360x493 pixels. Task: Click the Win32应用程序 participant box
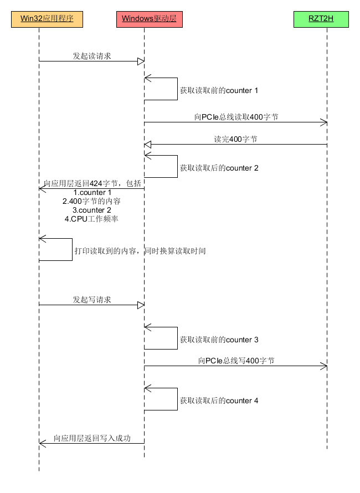click(47, 19)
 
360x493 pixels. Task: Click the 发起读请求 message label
click(92, 56)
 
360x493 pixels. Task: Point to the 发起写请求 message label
click(92, 300)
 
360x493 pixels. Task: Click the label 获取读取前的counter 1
click(219, 90)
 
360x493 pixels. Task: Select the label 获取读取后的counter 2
click(219, 167)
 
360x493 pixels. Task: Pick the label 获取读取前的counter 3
click(219, 339)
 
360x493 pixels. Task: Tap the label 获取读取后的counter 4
click(219, 400)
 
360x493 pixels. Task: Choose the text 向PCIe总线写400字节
click(236, 361)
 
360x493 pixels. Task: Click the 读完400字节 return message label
click(236, 139)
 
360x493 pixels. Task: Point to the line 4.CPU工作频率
click(92, 219)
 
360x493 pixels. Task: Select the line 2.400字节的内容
click(92, 201)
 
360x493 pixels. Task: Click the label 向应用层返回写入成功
click(92, 438)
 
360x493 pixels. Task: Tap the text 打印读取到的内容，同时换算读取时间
click(140, 251)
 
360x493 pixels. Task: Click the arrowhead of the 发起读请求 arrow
click(141, 61)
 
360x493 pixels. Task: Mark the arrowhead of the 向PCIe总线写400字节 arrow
click(324, 366)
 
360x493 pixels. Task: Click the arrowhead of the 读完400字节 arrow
click(148, 144)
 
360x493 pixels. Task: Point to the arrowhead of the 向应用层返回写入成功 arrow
click(42, 443)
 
